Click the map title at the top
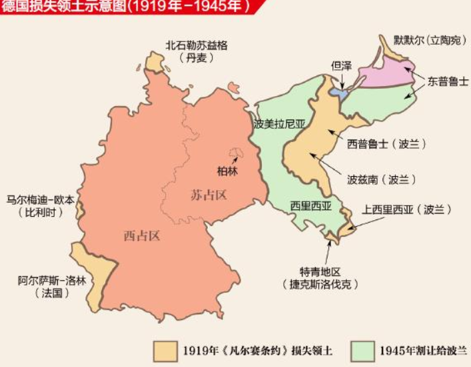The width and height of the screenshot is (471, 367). [x=127, y=7]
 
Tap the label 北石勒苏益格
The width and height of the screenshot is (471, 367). [x=197, y=46]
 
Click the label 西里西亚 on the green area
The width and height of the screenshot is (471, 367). [x=310, y=206]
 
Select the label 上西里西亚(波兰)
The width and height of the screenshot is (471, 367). [x=406, y=210]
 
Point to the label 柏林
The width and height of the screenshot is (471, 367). [x=227, y=171]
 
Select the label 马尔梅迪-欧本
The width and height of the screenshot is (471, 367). [x=41, y=200]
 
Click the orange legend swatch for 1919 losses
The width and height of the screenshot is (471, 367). [x=163, y=350]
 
